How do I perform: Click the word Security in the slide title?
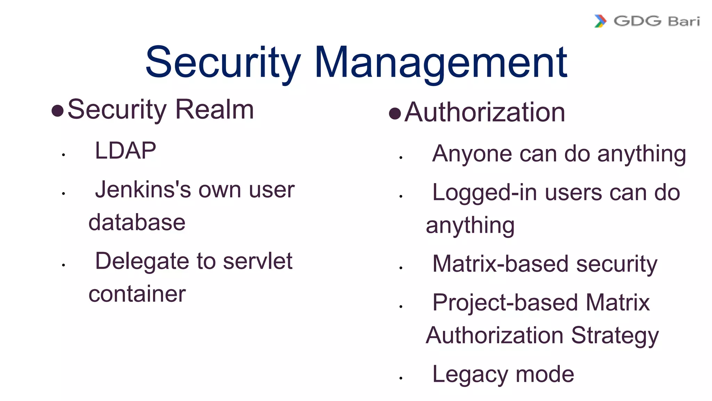click(x=223, y=63)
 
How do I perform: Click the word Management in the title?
click(x=440, y=63)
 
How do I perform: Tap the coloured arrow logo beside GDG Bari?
click(x=600, y=21)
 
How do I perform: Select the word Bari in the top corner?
click(x=683, y=22)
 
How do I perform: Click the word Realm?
click(x=215, y=110)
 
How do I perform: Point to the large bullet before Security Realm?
click(x=57, y=111)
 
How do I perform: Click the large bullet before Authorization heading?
click(x=395, y=113)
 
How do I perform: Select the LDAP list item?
click(x=126, y=151)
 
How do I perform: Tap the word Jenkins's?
click(x=143, y=190)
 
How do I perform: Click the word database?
click(x=137, y=222)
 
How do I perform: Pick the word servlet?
click(x=258, y=261)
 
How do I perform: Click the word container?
click(x=137, y=294)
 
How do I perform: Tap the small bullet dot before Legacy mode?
click(x=401, y=378)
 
